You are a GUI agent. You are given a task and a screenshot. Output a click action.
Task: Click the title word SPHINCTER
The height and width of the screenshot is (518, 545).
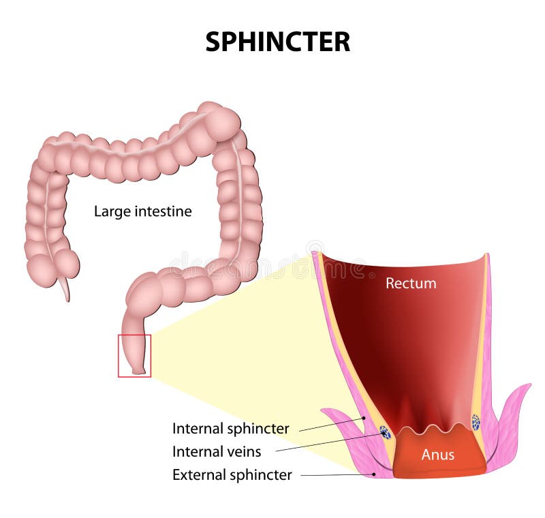click(x=277, y=42)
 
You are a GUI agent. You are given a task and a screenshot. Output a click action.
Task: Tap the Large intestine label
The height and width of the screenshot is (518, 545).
click(x=142, y=211)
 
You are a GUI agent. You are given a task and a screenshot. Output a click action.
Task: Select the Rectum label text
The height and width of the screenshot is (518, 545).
click(x=411, y=283)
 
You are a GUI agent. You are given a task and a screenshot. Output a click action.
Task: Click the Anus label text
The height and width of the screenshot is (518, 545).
click(x=437, y=455)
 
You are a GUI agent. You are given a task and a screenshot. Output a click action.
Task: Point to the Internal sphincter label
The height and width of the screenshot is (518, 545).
click(x=230, y=429)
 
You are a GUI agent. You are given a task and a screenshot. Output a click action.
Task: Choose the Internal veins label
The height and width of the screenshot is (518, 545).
click(x=216, y=451)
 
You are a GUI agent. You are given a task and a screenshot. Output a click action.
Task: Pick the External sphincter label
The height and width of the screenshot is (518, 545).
click(x=232, y=474)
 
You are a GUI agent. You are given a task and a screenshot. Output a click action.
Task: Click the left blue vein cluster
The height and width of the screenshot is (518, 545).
click(x=386, y=432)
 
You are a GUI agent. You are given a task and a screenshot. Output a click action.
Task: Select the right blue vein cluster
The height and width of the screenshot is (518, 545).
click(x=476, y=423)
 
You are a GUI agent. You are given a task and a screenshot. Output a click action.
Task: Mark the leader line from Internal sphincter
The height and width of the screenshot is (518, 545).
click(x=330, y=424)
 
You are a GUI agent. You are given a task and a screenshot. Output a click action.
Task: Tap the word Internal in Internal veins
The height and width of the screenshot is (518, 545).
click(x=196, y=451)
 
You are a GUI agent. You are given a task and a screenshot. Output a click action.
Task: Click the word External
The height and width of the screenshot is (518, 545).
click(x=197, y=474)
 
